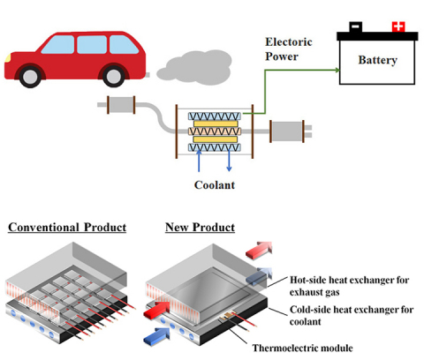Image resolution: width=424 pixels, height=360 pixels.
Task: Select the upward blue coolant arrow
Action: (x=201, y=161)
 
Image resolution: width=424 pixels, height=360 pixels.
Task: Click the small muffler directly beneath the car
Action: (x=118, y=107)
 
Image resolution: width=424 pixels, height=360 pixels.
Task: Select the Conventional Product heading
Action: (x=67, y=228)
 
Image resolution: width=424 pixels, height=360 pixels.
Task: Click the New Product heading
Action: (x=200, y=228)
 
